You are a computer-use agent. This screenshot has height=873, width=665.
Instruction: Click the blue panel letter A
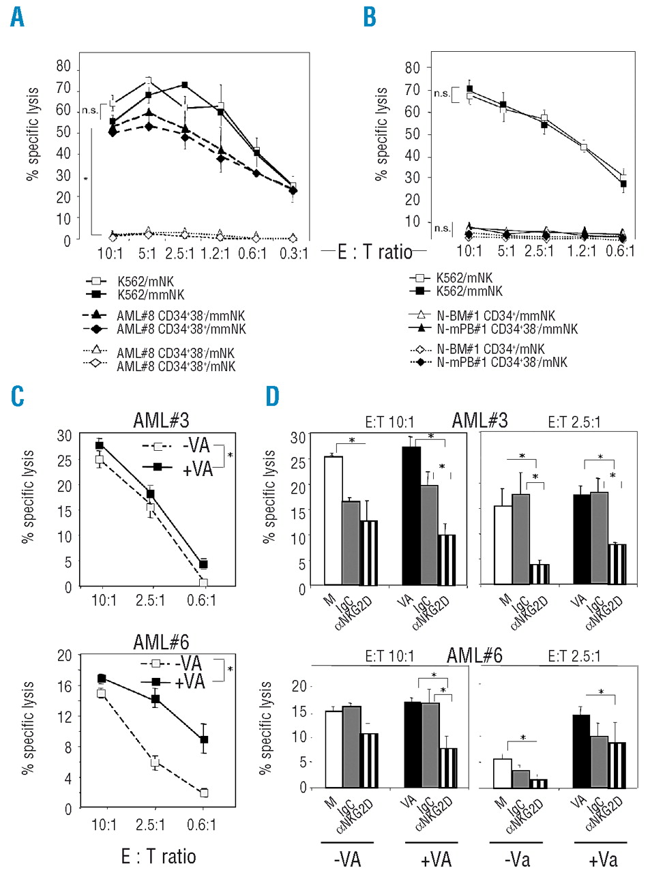pos(17,17)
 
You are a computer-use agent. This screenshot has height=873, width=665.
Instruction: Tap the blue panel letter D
pos(272,396)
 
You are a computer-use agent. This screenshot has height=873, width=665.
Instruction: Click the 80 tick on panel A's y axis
pos(63,66)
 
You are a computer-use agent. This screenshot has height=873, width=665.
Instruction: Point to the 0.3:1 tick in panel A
pos(293,254)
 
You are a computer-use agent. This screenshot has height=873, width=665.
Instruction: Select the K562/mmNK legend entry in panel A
pos(151,295)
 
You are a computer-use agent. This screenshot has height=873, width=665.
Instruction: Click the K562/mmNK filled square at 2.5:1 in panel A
pos(185,85)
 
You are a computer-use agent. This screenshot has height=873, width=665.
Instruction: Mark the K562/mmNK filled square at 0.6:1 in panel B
pos(623,184)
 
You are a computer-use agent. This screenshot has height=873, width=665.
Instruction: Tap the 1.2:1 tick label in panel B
pos(582,250)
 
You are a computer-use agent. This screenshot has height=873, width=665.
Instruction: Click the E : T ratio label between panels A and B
pos(374,252)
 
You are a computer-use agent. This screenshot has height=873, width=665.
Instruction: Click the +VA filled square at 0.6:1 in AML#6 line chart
pos(203,739)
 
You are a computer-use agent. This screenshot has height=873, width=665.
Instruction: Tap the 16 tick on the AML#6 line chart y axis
pos(64,687)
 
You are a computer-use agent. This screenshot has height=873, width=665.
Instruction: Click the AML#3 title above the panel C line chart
pos(161,419)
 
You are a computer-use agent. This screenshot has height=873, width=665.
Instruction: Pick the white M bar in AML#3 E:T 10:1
pos(333,520)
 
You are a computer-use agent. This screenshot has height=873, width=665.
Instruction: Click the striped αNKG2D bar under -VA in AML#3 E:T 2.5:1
pos(540,574)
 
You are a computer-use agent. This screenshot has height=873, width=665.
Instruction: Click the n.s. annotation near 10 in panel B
pos(441,228)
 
